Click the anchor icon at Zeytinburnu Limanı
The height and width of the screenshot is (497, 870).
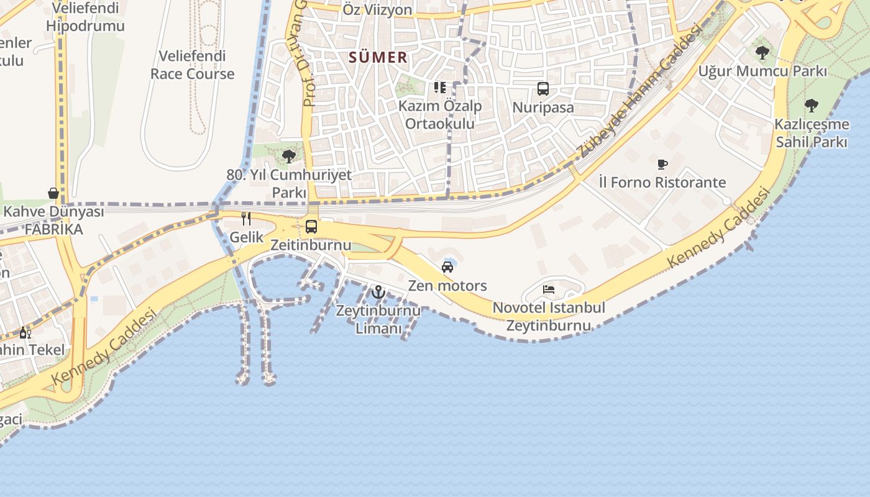(378, 291)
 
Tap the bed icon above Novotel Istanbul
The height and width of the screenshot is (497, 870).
(548, 290)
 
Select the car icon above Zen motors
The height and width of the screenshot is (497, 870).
(447, 267)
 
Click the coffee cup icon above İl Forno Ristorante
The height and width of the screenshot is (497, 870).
(662, 165)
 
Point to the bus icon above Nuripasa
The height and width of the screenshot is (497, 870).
(543, 89)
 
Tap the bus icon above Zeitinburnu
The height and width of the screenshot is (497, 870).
(311, 227)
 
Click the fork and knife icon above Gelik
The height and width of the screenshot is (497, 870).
(246, 219)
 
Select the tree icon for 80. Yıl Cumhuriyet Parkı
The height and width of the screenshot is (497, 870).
(288, 156)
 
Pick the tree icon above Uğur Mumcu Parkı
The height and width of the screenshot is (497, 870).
(762, 53)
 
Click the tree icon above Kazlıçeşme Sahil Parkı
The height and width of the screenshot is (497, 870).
(811, 106)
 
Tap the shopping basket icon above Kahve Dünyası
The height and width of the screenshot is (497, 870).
(53, 193)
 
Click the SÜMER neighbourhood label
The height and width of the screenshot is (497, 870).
(378, 58)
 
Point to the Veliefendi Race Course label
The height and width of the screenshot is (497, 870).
(193, 65)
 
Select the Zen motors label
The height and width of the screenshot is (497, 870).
(447, 286)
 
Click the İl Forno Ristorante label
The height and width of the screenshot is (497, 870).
(662, 183)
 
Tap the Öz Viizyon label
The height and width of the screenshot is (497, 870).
(377, 10)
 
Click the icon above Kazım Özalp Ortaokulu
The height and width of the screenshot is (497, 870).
(440, 88)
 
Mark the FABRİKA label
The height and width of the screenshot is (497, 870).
(53, 229)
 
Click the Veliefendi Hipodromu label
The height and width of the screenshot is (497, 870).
(85, 17)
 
